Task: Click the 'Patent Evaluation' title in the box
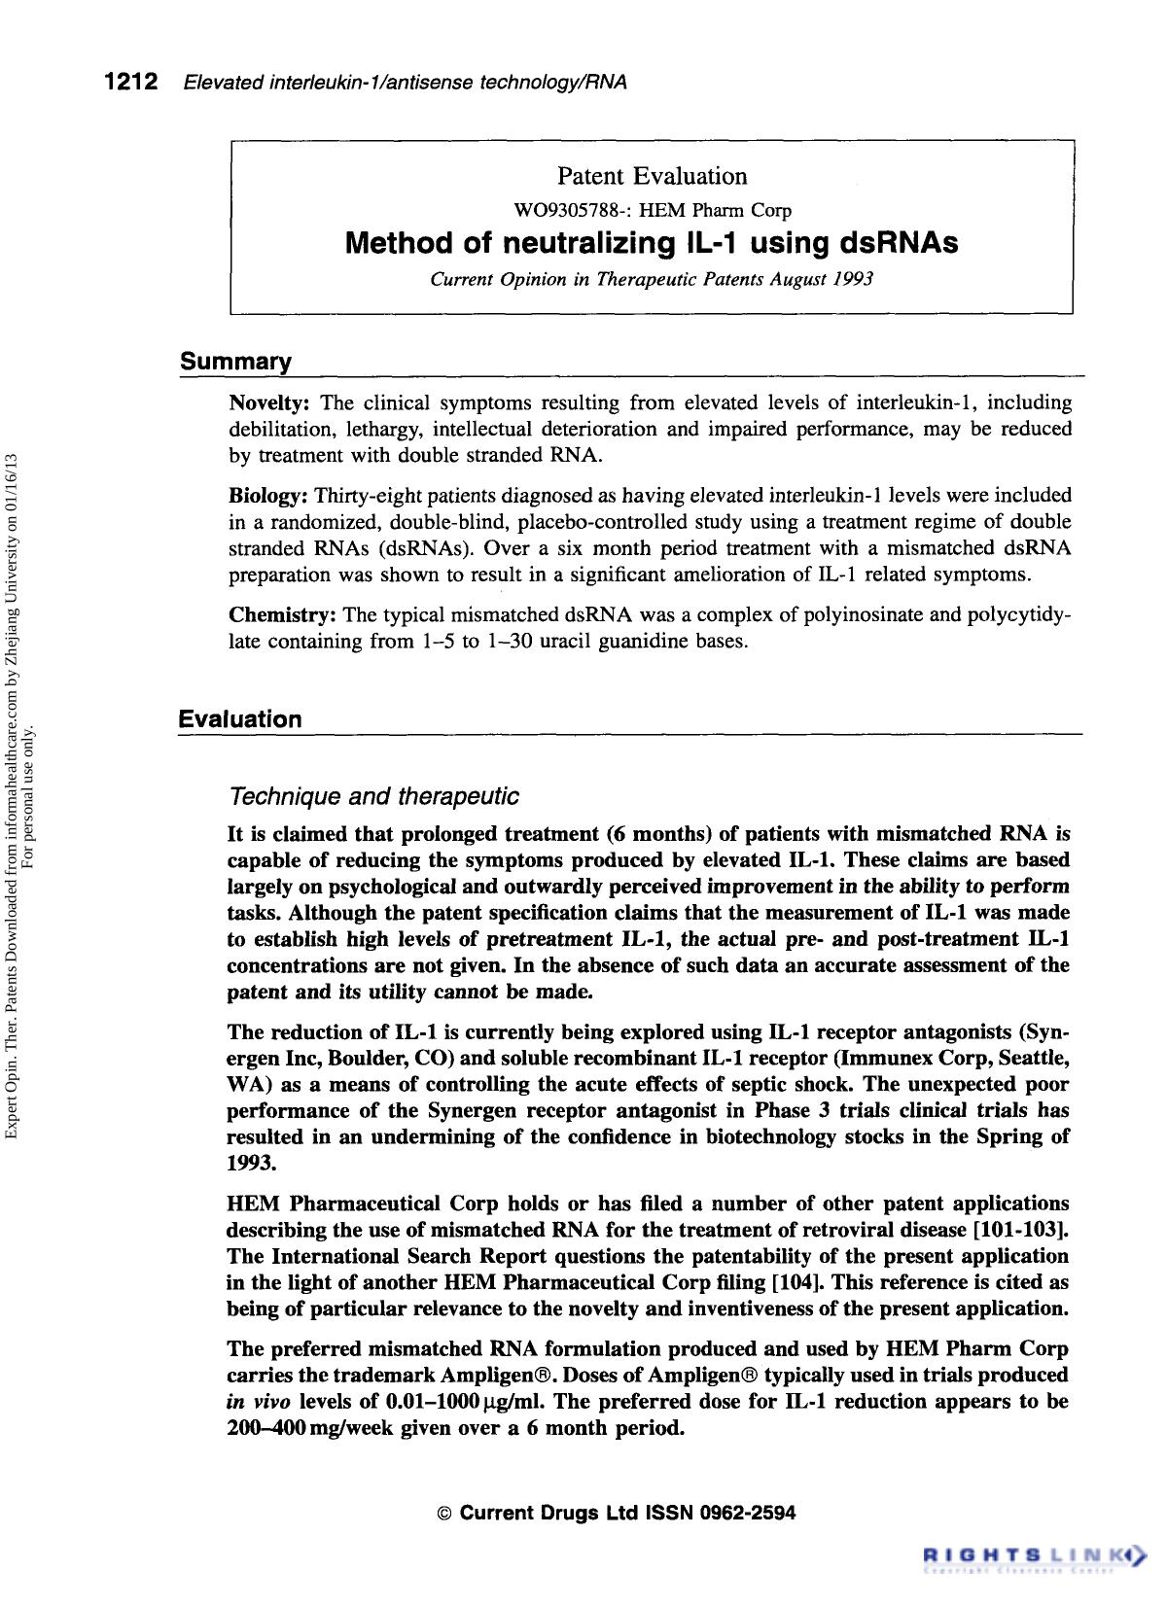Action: [x=652, y=176]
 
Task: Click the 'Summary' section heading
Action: [x=235, y=363]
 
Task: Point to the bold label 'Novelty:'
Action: [x=268, y=403]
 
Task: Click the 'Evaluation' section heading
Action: [x=240, y=719]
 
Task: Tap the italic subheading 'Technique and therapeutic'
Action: [x=372, y=797]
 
